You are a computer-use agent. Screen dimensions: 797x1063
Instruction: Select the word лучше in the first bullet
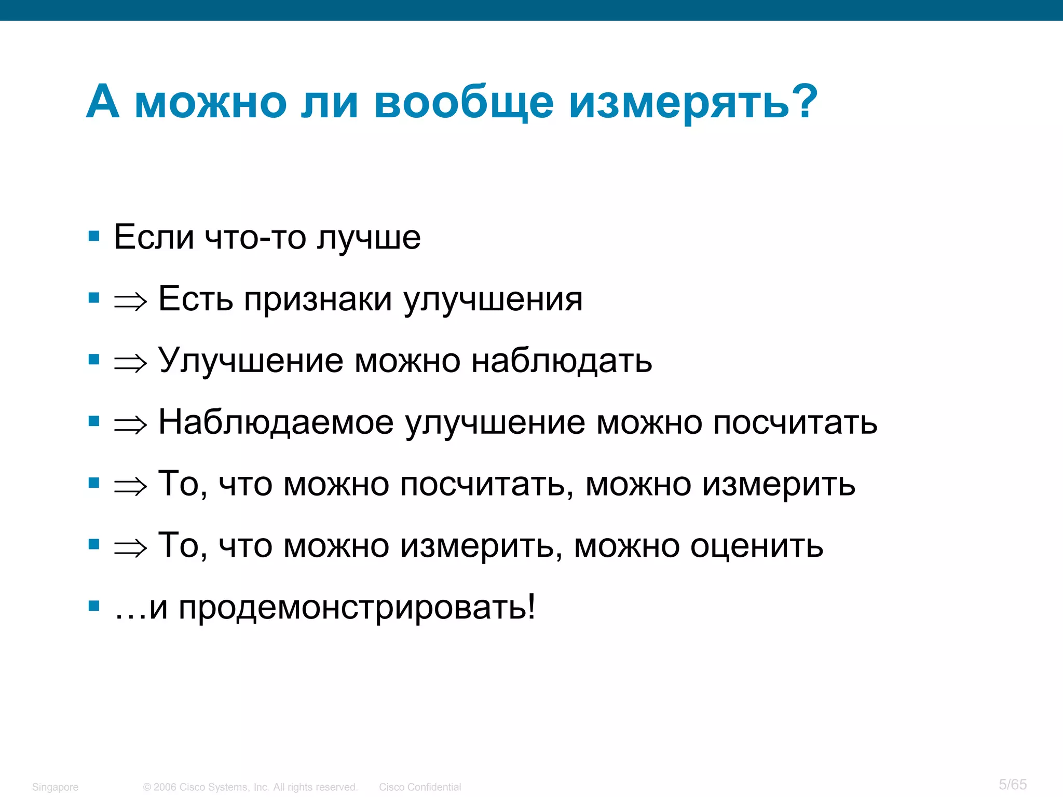point(369,238)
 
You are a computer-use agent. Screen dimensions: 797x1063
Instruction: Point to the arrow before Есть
point(131,301)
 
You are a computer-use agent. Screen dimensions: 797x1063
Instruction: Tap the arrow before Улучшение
point(131,363)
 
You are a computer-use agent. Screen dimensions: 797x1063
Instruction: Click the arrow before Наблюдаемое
point(131,424)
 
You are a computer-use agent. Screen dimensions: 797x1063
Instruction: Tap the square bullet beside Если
point(94,237)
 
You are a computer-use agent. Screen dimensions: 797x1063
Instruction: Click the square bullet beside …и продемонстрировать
point(94,606)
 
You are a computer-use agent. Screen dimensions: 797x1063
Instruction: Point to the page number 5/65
point(1013,784)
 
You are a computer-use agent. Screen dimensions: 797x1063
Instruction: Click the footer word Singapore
point(55,787)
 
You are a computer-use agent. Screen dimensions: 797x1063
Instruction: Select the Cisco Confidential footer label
point(419,787)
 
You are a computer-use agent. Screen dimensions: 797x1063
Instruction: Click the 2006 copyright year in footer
point(165,787)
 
